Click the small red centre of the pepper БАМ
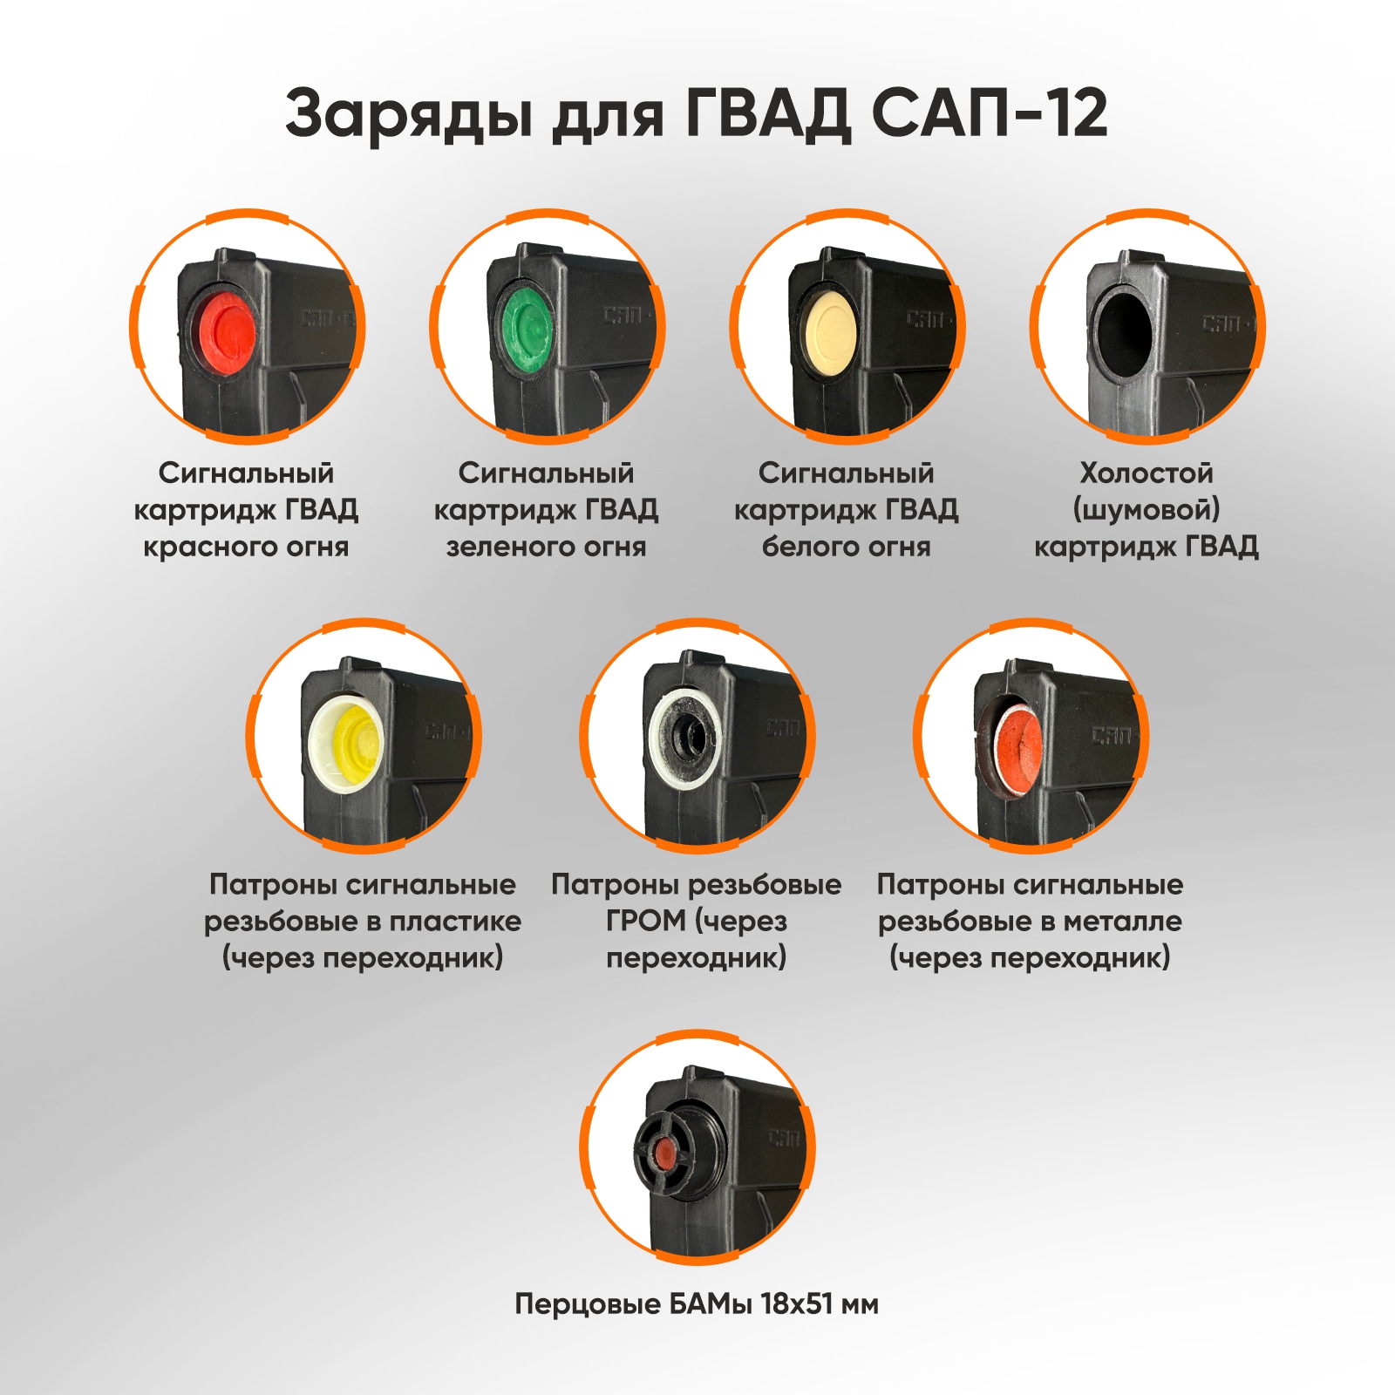pos(664,1157)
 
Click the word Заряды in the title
pos(408,114)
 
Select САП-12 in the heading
pos(990,112)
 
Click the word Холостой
pos(1147,473)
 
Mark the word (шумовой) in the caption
pos(1147,510)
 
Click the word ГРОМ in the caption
pos(646,921)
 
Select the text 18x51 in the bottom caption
pos(796,1304)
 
